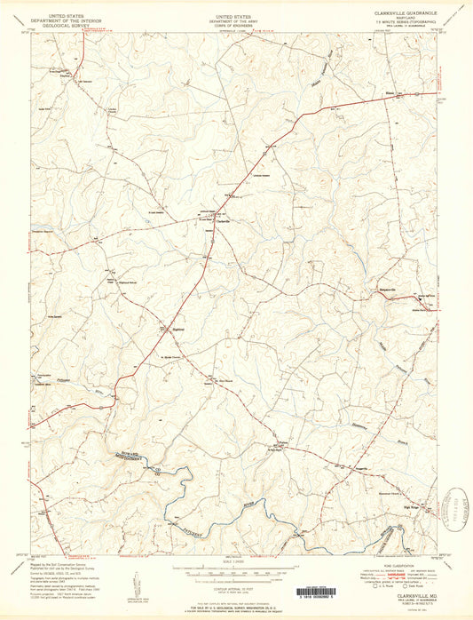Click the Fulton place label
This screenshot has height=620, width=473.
tap(284, 441)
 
